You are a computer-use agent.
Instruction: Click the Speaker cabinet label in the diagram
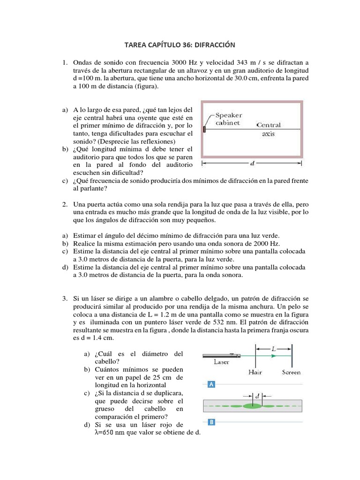pos(229,119)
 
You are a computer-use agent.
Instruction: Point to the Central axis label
pos(269,129)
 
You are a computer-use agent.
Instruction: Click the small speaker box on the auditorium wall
pos(204,129)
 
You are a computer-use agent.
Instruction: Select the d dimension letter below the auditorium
pos(252,164)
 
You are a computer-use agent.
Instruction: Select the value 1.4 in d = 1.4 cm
pos(99,338)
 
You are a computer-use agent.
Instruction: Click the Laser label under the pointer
pos(221,362)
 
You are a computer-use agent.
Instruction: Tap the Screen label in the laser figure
pos(291,372)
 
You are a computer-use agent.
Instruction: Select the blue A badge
pos(211,385)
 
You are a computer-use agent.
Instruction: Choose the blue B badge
pos(211,422)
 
